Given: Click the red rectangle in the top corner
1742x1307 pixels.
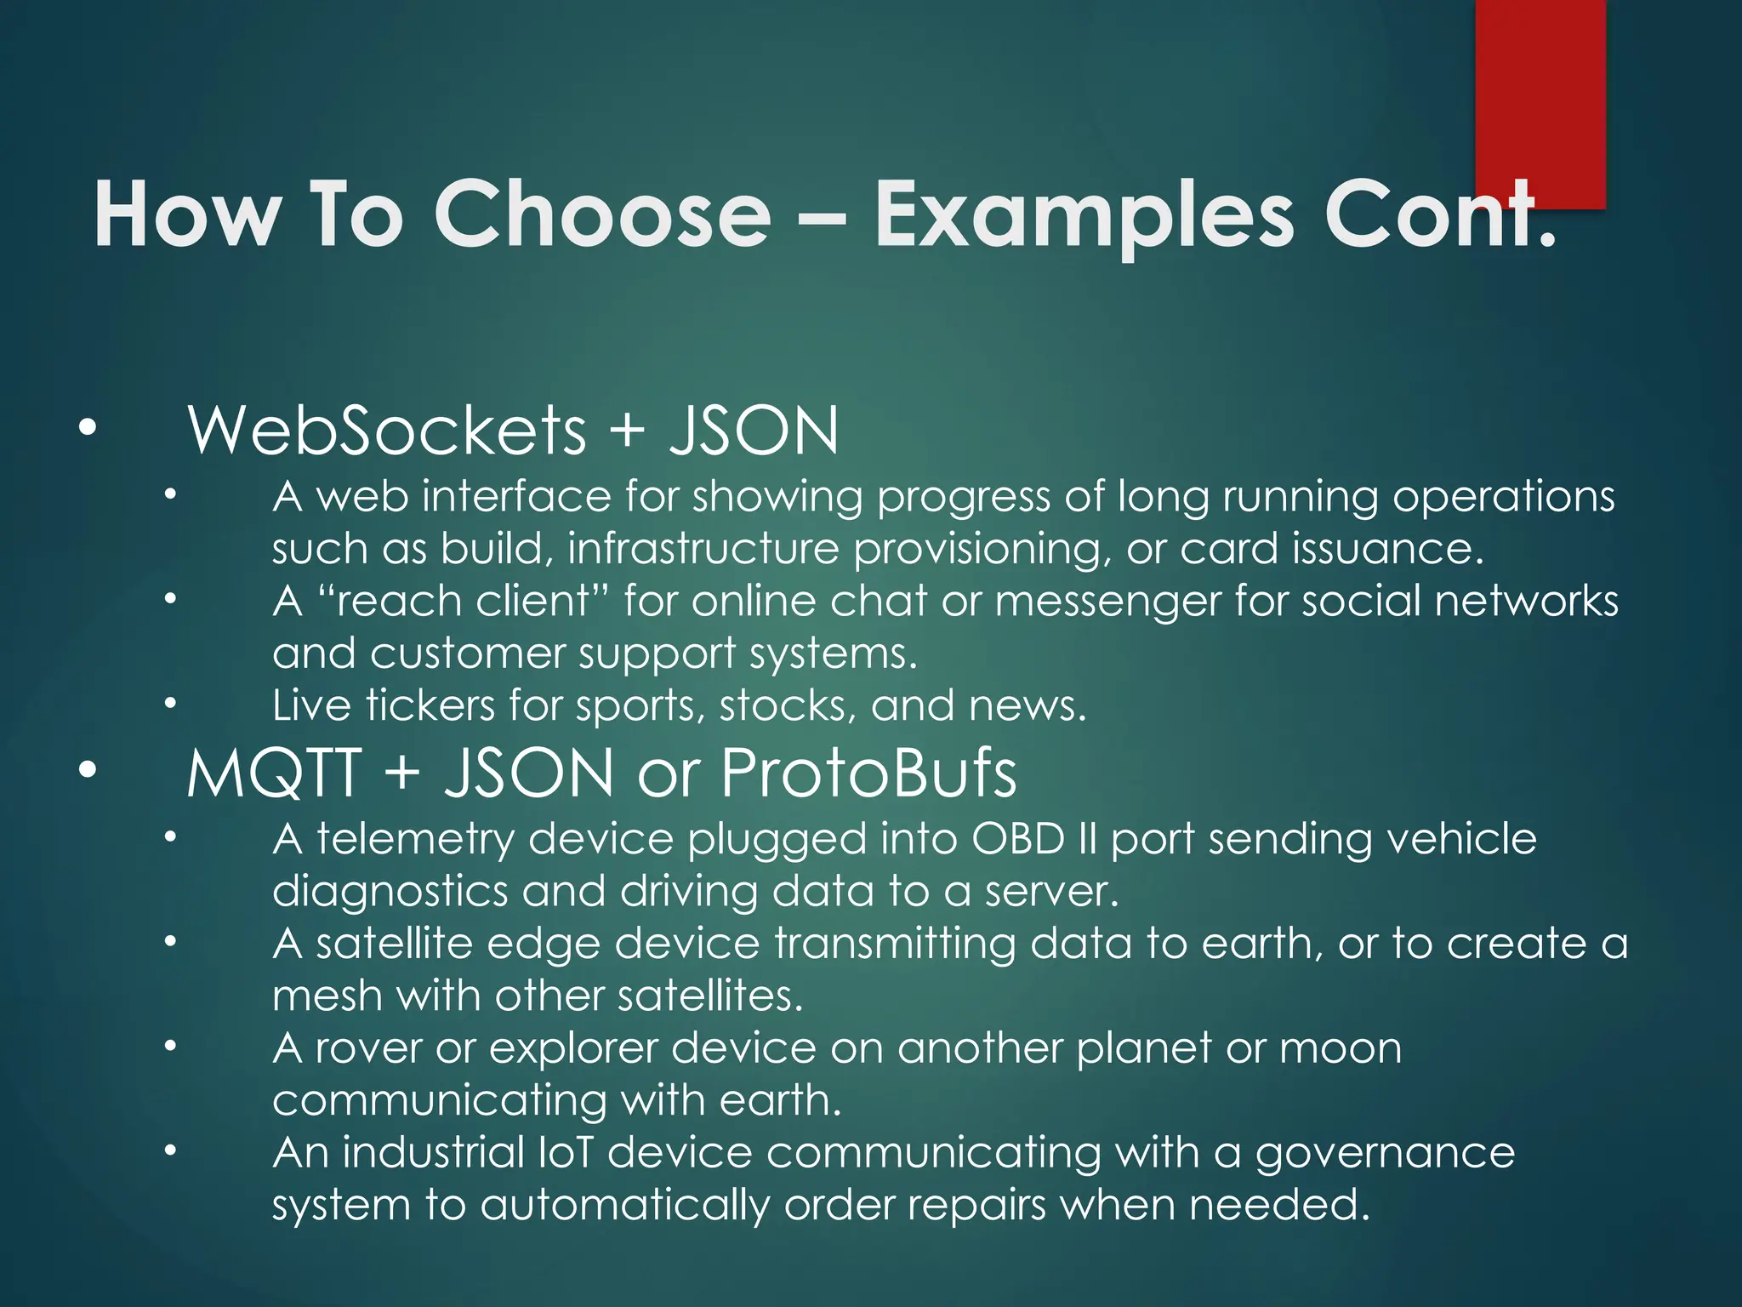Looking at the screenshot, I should pos(1540,94).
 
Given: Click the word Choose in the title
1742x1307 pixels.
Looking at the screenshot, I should pos(601,214).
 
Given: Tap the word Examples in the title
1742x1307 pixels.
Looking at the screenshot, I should pos(1084,215).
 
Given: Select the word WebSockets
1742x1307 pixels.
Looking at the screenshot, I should pos(387,431).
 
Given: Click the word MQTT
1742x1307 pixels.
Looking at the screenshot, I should pos(274,773).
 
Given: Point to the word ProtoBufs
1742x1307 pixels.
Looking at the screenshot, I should pos(868,773).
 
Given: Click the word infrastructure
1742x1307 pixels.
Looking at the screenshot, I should pos(703,549).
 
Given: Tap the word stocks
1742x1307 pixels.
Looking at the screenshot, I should pos(788,706).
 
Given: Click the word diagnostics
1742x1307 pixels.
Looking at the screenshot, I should pos(390,893).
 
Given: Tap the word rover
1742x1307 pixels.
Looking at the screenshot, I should pos(368,1048).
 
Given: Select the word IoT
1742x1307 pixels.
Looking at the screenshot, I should pos(566,1153).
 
